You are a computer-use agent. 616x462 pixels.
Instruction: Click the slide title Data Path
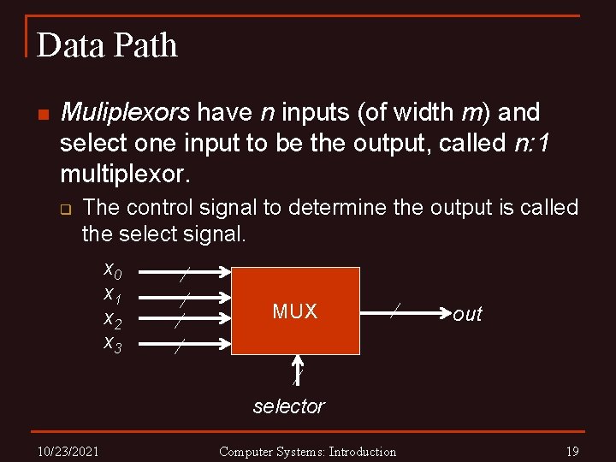coord(107,45)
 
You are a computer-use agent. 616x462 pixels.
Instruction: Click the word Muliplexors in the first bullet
coord(126,113)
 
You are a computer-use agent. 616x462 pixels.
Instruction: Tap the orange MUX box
coord(295,311)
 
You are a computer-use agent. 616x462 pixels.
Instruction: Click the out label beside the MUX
coord(468,314)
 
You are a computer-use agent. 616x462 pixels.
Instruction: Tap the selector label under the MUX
coord(289,406)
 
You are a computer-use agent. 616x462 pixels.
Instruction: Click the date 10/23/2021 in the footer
coord(68,451)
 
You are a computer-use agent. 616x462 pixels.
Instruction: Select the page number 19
coord(572,451)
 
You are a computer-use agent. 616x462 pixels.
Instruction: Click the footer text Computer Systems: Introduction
coord(307,451)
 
